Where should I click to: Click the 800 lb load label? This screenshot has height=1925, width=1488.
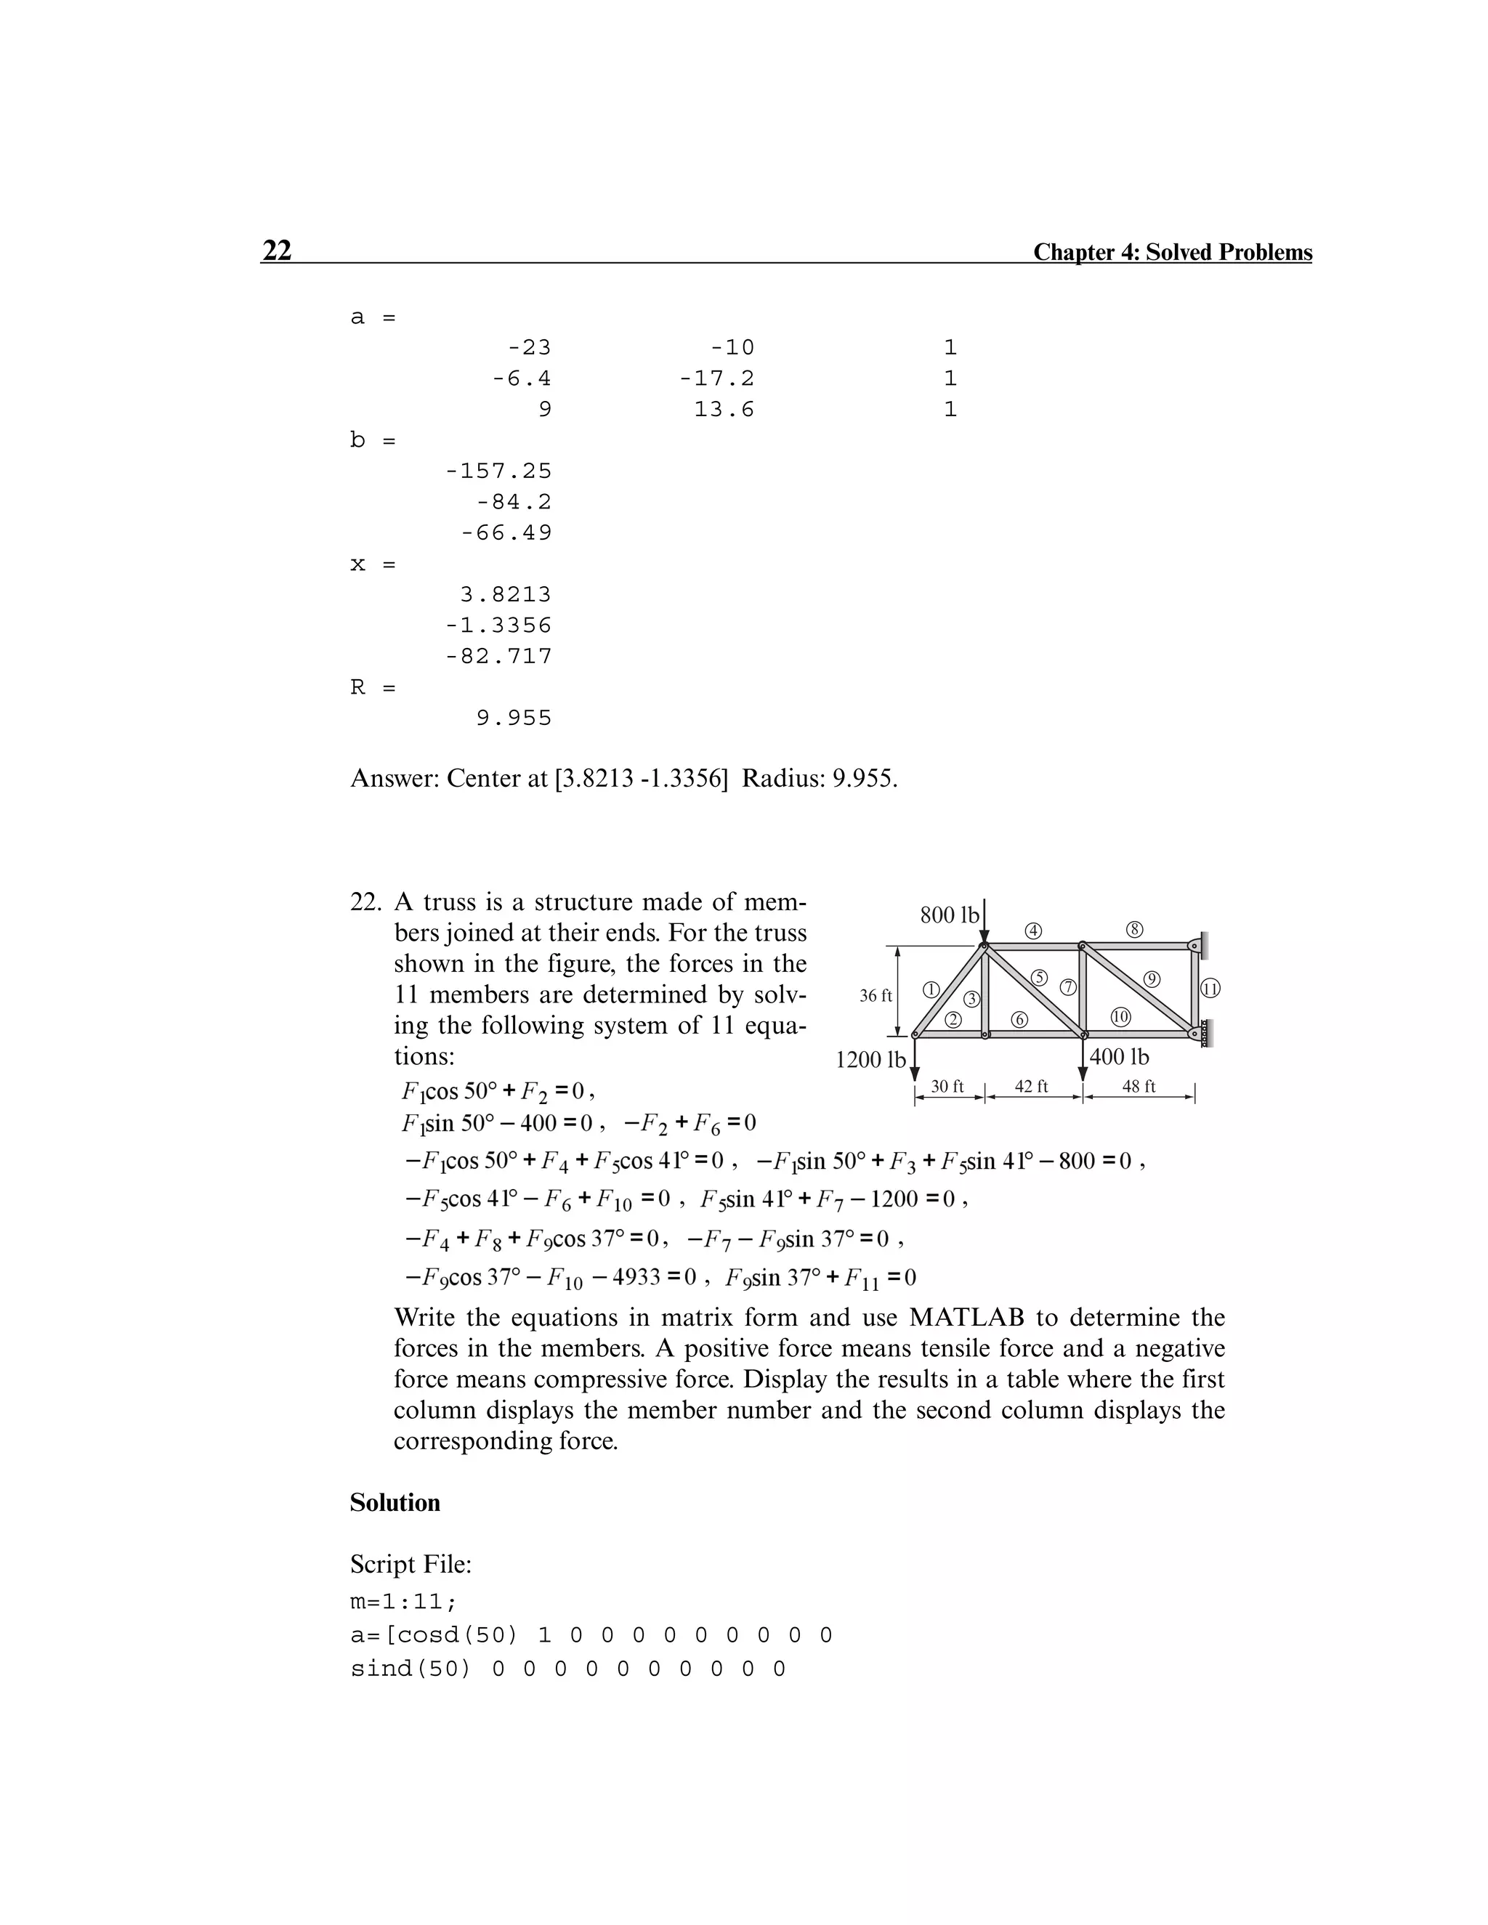coord(948,915)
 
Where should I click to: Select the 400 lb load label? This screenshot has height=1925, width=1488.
coord(1119,1056)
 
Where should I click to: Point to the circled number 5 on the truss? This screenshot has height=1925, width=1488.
coord(1039,976)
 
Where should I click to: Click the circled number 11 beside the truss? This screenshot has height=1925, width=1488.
coord(1210,989)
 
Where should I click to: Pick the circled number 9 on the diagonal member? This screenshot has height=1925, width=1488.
coord(1152,978)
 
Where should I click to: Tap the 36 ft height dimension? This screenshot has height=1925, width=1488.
coord(876,996)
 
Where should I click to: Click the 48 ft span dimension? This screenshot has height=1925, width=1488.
coord(1138,1087)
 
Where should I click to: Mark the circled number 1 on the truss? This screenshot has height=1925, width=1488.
coord(930,989)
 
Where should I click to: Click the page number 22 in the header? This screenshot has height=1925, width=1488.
coord(277,251)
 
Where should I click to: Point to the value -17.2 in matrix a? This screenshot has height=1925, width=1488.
coord(716,379)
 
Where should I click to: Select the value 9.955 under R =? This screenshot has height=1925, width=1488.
coord(513,718)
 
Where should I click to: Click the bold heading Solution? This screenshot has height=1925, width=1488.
coord(395,1503)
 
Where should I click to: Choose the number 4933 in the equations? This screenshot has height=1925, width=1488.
coord(636,1277)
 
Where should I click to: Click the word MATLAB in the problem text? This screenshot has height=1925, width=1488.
coord(966,1318)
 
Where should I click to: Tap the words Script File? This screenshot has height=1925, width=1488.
coord(411,1565)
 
